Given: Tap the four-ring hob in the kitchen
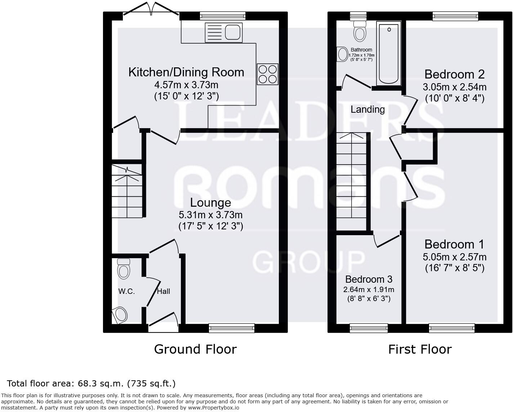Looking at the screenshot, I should (x=267, y=74).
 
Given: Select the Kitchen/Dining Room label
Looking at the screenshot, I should (x=186, y=72).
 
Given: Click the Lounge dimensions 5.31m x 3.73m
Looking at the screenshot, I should (x=210, y=215).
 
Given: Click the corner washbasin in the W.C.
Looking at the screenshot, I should (x=120, y=315).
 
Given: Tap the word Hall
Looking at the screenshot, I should (x=163, y=291).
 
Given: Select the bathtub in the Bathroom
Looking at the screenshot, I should (x=389, y=53).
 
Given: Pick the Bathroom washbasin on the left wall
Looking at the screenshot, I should (x=342, y=55).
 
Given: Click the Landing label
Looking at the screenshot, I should (x=367, y=109).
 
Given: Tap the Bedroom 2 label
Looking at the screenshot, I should (x=454, y=74).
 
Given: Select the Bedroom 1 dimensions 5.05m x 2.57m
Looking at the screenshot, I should (x=454, y=257).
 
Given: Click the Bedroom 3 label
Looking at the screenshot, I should (x=369, y=279).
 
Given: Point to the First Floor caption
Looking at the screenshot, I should (x=420, y=349).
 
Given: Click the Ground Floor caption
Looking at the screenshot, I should (x=195, y=349).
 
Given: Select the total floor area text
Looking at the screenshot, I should (x=91, y=383).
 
